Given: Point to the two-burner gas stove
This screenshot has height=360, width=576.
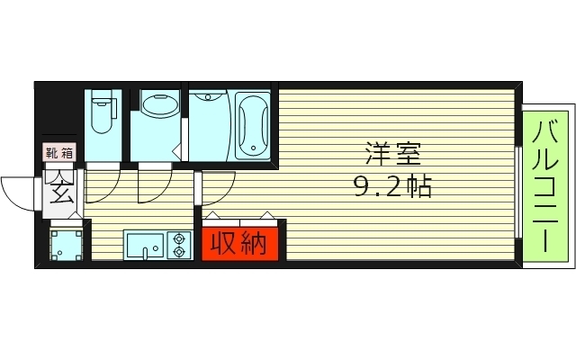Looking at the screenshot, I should click(x=178, y=245).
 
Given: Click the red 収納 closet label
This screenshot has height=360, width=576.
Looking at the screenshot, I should click(x=239, y=243).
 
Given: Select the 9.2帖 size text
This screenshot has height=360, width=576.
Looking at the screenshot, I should click(x=391, y=187).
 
